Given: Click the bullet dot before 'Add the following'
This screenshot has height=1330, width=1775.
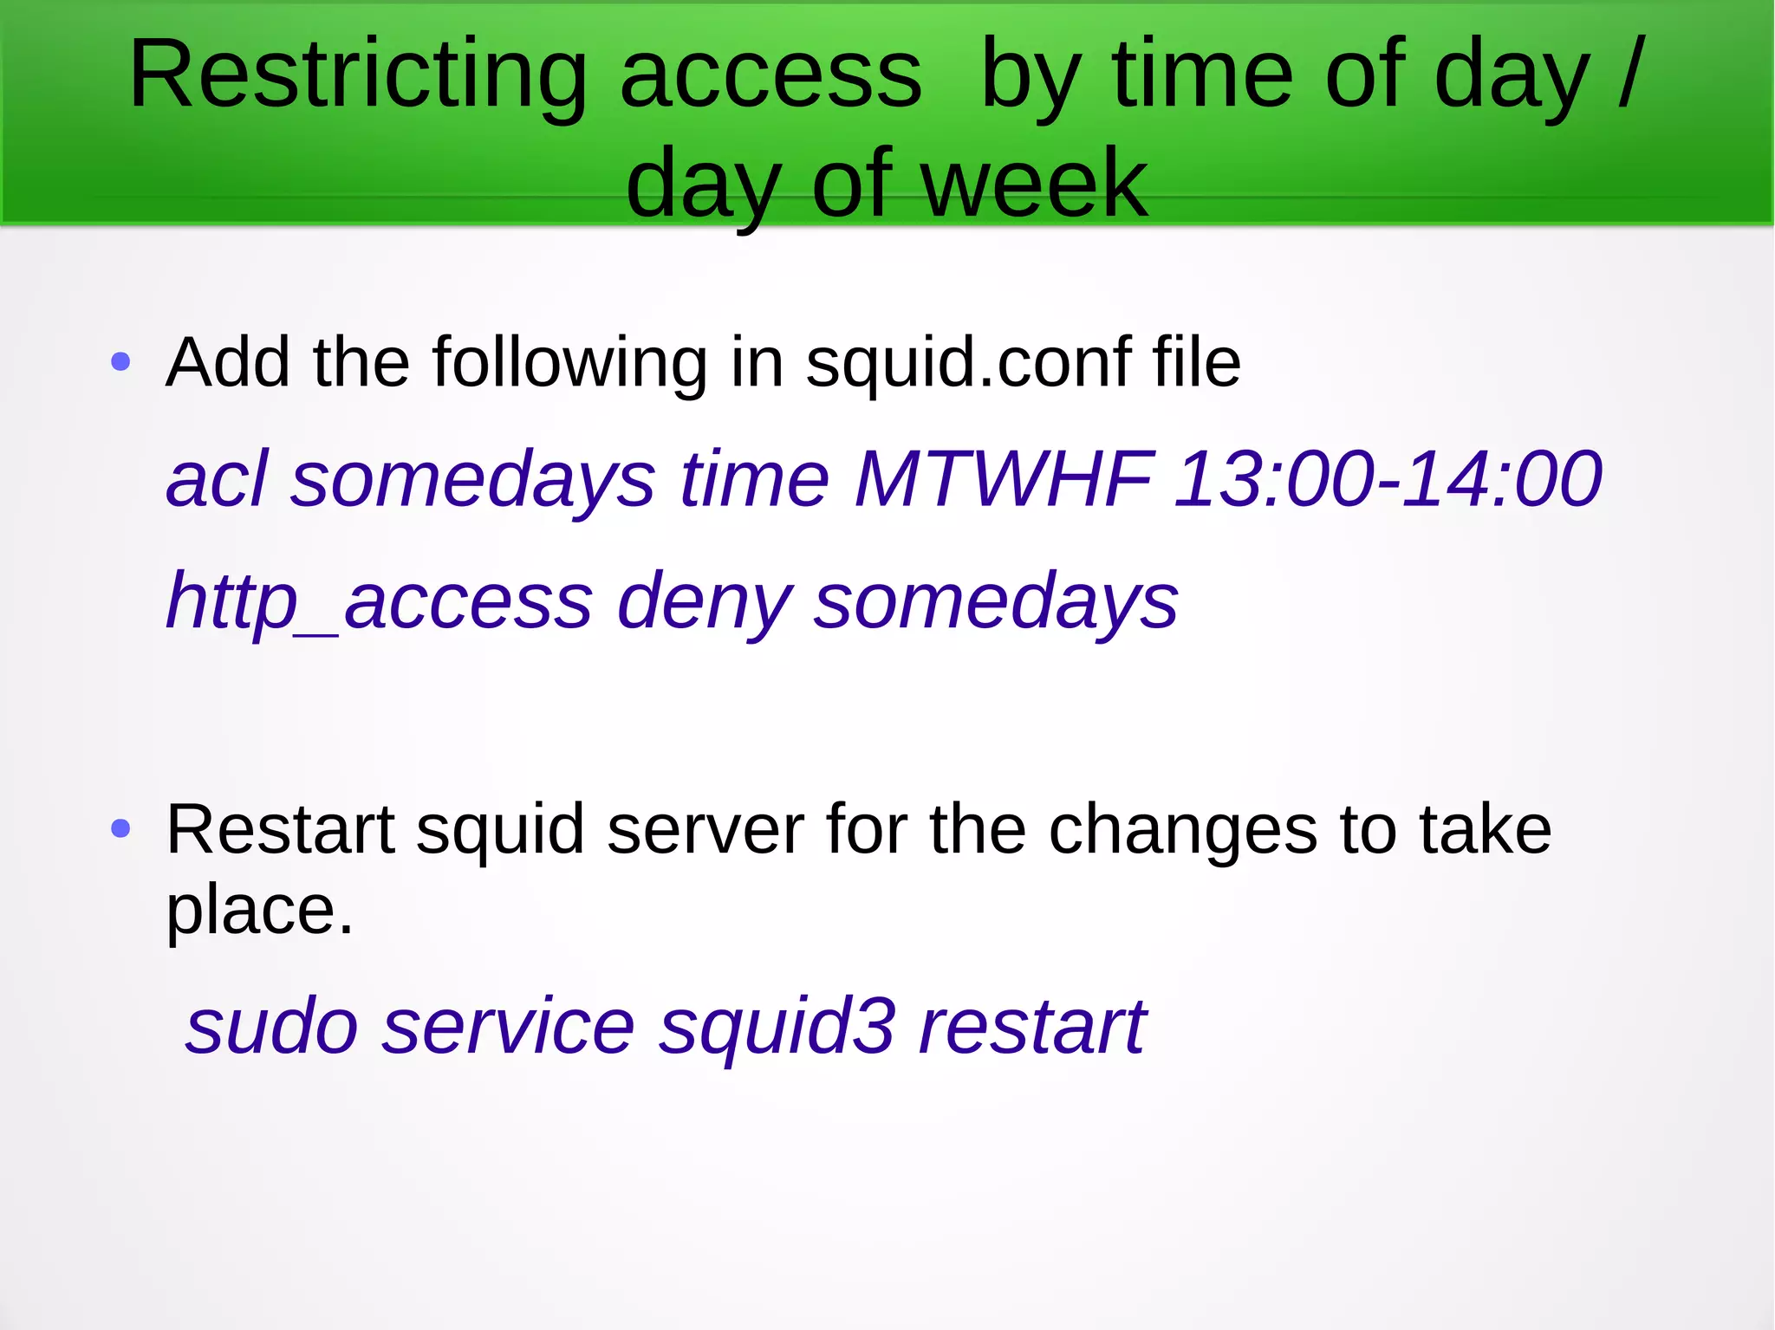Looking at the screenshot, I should click(x=121, y=362).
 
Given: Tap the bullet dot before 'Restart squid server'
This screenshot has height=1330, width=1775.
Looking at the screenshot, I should click(x=121, y=829).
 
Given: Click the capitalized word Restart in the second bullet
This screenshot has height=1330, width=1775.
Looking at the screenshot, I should click(x=280, y=830).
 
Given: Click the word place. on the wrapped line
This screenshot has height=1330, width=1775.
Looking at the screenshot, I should click(x=259, y=911).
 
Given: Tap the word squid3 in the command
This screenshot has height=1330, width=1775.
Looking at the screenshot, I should click(x=776, y=1028).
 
